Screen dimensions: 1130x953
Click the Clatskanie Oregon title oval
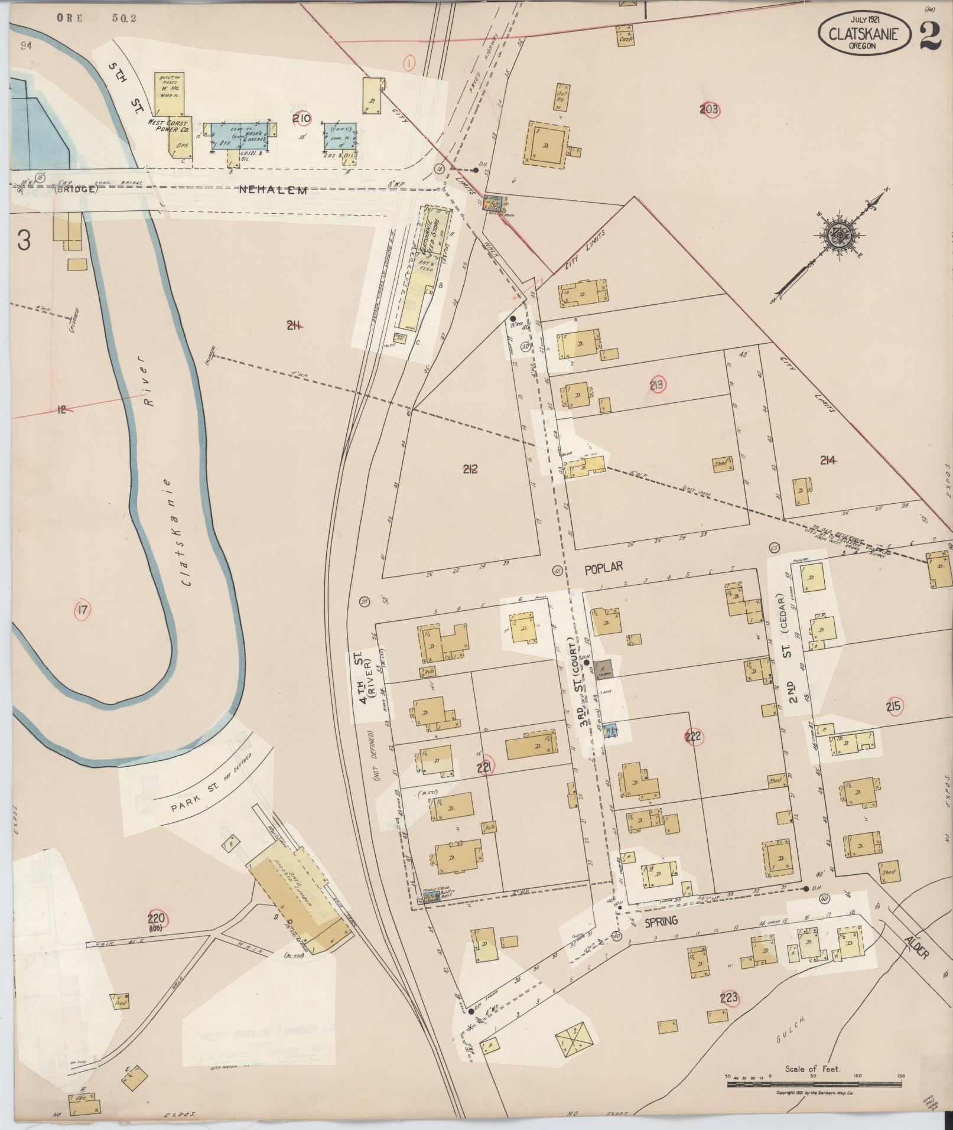click(x=863, y=34)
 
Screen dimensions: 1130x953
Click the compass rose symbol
click(x=836, y=233)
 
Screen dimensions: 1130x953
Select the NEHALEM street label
click(x=274, y=190)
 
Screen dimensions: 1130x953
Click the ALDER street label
click(x=915, y=946)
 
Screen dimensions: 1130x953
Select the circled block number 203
click(x=708, y=109)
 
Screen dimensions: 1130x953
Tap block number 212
click(x=470, y=469)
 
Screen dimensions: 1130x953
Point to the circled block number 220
click(x=158, y=919)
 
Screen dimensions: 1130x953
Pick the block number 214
click(x=827, y=460)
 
